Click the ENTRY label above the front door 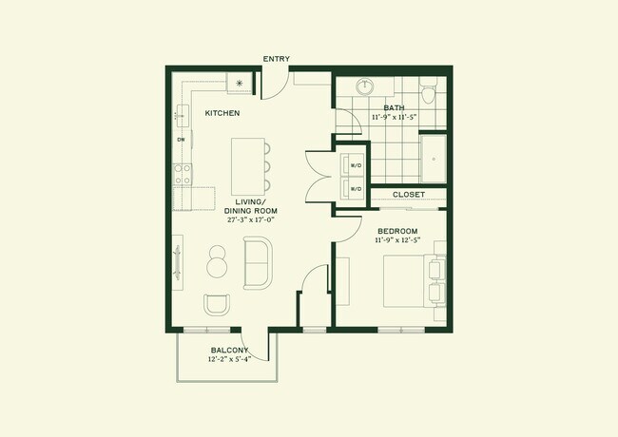(276, 59)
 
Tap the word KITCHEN (222, 114)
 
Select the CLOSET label (408, 195)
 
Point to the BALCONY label (229, 351)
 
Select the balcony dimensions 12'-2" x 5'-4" (229, 360)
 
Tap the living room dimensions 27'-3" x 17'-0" (250, 219)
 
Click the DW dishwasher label (181, 139)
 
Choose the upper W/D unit (356, 164)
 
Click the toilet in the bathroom (428, 93)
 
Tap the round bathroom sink (367, 87)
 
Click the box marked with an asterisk (239, 84)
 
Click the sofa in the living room (258, 263)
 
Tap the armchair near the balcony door (217, 305)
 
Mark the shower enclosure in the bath (434, 159)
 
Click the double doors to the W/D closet (318, 176)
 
